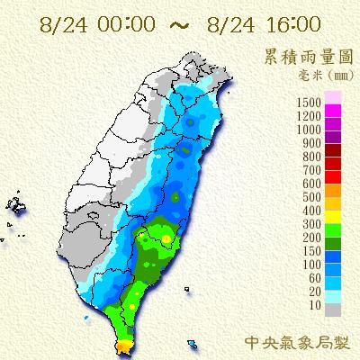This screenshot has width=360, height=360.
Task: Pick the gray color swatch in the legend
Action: coord(332,309)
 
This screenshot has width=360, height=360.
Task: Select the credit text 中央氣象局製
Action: coord(298,342)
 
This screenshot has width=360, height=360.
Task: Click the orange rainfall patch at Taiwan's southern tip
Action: coord(123,346)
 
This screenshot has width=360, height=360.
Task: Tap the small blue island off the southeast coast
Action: coord(194,343)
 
